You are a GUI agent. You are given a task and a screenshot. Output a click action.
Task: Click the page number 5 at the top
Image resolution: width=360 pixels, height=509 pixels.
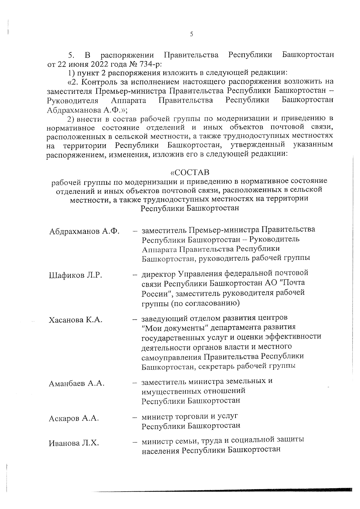click(x=191, y=34)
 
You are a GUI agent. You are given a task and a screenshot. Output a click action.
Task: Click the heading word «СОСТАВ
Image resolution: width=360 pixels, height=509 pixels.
click(x=190, y=173)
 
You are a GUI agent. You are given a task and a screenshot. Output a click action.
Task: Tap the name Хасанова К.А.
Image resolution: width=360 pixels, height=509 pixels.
click(x=76, y=320)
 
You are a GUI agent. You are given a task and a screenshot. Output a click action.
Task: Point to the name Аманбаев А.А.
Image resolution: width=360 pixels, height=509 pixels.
click(x=76, y=383)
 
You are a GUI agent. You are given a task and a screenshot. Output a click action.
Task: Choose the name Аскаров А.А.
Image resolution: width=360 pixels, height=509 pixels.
click(x=74, y=418)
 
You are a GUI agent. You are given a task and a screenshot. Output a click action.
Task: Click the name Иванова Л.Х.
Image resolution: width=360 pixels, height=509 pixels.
click(x=74, y=443)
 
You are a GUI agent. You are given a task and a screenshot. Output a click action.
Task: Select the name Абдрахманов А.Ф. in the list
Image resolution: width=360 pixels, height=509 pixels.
click(x=84, y=231)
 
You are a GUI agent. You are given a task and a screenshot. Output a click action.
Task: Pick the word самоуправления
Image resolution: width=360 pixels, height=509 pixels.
click(x=172, y=357)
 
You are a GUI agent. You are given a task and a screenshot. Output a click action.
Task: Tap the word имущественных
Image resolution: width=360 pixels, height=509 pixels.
click(x=170, y=391)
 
